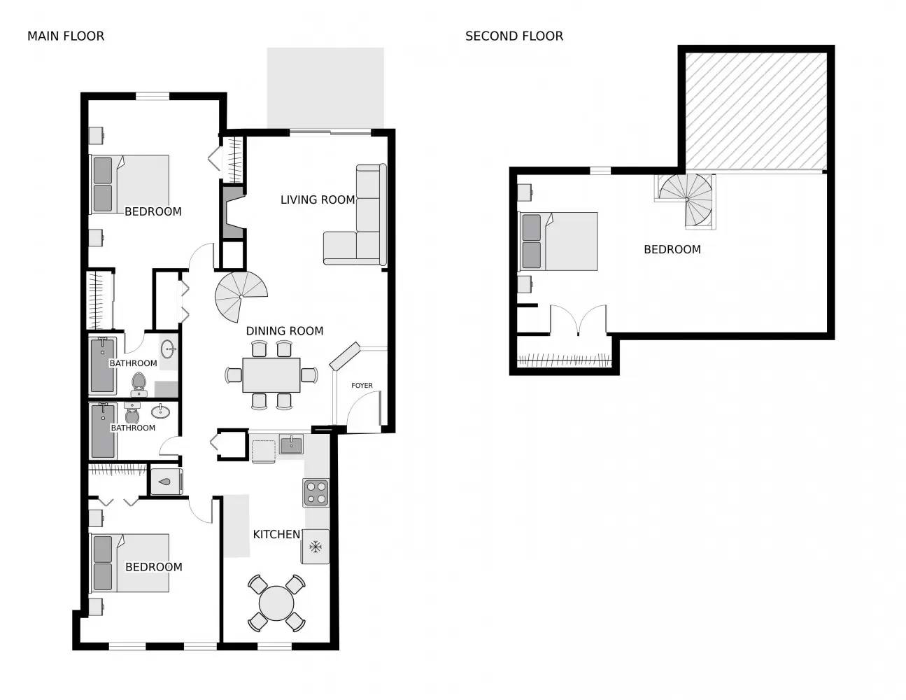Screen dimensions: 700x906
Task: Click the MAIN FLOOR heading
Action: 66,36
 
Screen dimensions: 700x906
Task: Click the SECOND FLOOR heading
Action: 514,36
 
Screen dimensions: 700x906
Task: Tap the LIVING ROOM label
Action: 317,199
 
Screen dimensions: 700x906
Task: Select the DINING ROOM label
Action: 284,331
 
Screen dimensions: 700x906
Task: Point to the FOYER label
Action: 362,386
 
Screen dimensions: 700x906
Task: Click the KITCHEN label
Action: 276,534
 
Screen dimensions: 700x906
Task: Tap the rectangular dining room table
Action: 271,375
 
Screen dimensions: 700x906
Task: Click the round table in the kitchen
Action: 276,603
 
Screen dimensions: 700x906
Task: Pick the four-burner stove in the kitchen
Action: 316,492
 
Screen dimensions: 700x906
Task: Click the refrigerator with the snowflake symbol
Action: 316,546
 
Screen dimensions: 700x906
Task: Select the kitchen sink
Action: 291,444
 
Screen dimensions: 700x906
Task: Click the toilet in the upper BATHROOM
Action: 138,382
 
